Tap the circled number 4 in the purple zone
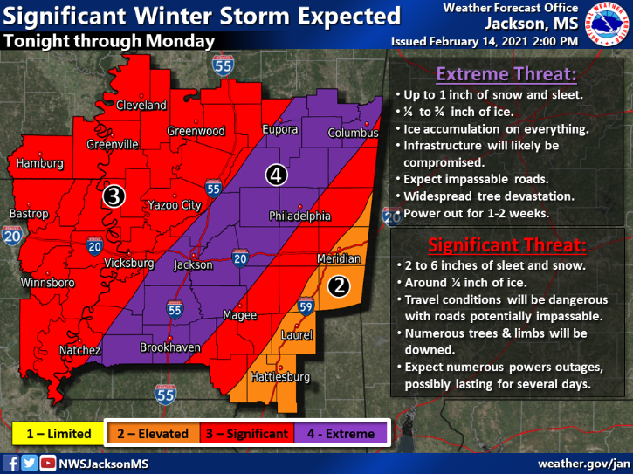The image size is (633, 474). coord(276,175)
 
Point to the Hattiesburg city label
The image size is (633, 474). coord(279,377)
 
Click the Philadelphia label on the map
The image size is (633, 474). coord(299,216)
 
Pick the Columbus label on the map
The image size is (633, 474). coord(353,133)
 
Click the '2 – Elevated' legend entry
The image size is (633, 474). coord(154,433)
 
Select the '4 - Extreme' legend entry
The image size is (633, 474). coord(339,433)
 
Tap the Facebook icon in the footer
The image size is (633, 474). coord(12,463)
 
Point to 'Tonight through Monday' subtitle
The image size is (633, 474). coord(109,41)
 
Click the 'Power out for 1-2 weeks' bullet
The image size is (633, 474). coord(475,212)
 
